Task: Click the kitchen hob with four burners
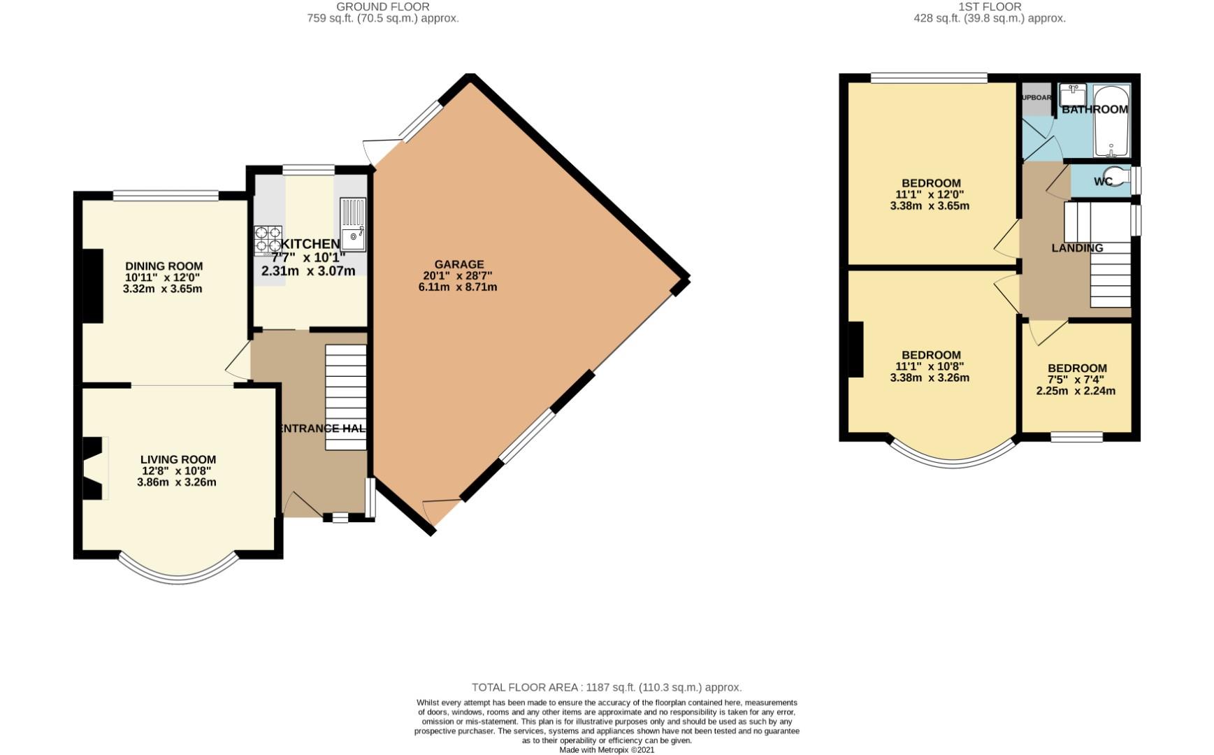pos(268,239)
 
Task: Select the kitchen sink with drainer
pos(352,225)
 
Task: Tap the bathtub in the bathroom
pos(1111,122)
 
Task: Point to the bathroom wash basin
pos(1071,94)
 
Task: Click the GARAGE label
pos(458,264)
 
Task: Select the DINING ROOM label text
pos(164,266)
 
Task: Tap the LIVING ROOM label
pos(178,459)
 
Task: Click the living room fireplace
pos(94,468)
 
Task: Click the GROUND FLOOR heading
pos(382,6)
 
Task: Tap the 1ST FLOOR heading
pos(989,6)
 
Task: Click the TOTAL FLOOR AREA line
pos(606,687)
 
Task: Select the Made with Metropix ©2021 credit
pos(606,749)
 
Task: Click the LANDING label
pos(1077,247)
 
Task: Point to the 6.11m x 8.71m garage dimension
pos(458,287)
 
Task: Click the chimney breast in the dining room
pos(94,286)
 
